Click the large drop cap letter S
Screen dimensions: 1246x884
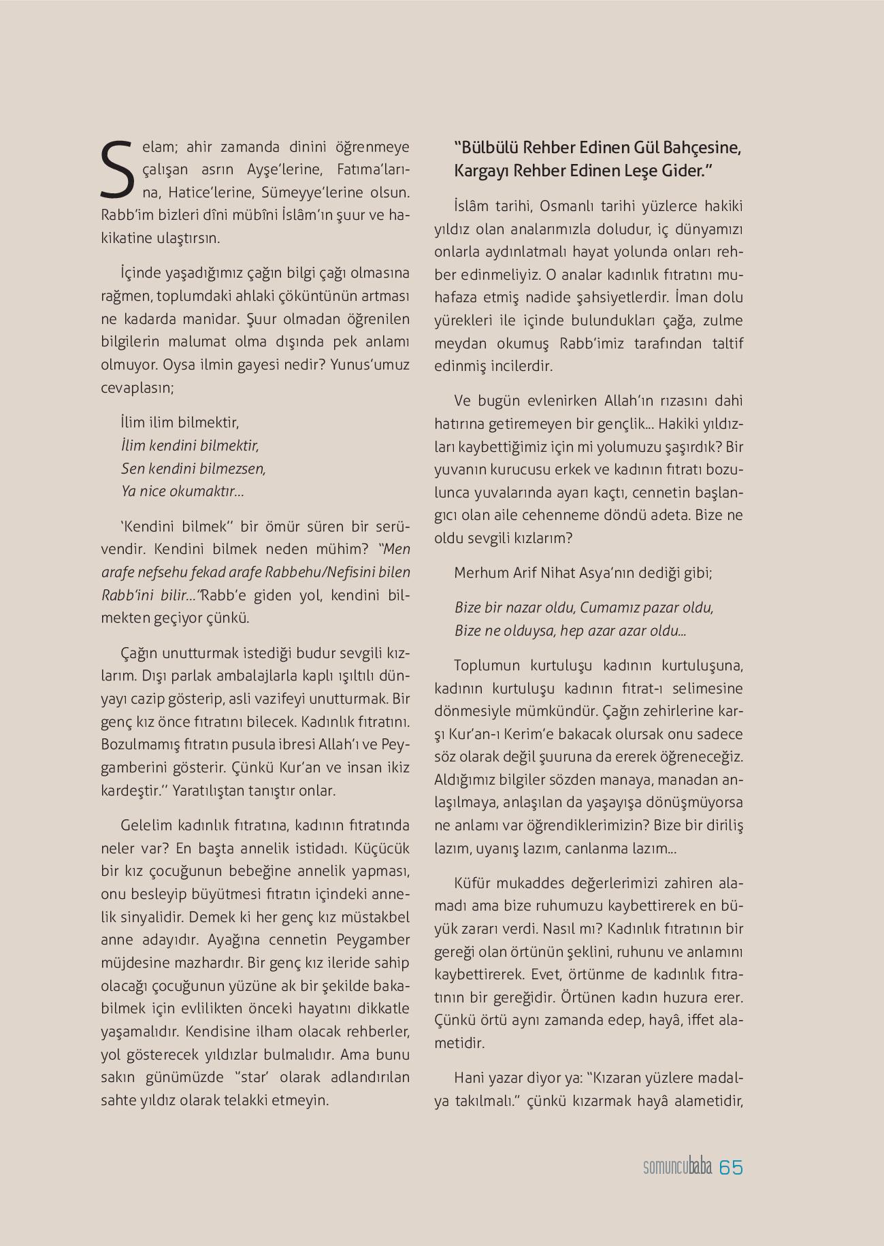click(118, 167)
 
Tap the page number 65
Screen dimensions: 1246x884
click(730, 1167)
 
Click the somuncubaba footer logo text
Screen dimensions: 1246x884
click(677, 1168)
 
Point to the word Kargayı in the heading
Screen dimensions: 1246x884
click(480, 171)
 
